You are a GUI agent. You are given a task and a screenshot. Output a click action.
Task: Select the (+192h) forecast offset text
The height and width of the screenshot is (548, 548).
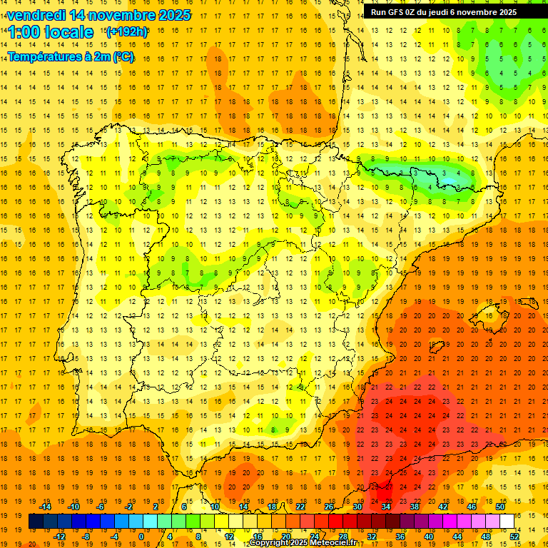coord(127,31)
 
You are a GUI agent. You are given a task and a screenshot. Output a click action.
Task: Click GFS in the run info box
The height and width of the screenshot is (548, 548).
coord(399,12)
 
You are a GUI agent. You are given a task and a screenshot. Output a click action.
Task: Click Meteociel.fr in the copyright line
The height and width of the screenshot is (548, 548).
coord(335,543)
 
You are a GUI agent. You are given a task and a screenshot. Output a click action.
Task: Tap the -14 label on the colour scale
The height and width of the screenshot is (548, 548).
coord(46,507)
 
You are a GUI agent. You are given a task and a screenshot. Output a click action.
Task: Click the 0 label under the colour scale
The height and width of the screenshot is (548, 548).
coord(141,537)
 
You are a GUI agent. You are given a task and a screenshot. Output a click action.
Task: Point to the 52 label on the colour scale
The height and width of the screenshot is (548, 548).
coord(515,537)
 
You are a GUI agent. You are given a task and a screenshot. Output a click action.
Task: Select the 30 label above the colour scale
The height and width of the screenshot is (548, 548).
coord(357,507)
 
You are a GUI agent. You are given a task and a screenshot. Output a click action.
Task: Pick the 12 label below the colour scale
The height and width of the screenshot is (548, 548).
coord(229,537)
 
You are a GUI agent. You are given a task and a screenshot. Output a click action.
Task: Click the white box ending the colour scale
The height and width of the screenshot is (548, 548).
coord(507,522)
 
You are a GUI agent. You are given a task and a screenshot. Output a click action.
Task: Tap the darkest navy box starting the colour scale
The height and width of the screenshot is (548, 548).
coord(36,522)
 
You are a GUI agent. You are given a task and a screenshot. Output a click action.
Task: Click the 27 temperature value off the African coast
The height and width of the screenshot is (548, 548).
coord(389,487)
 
